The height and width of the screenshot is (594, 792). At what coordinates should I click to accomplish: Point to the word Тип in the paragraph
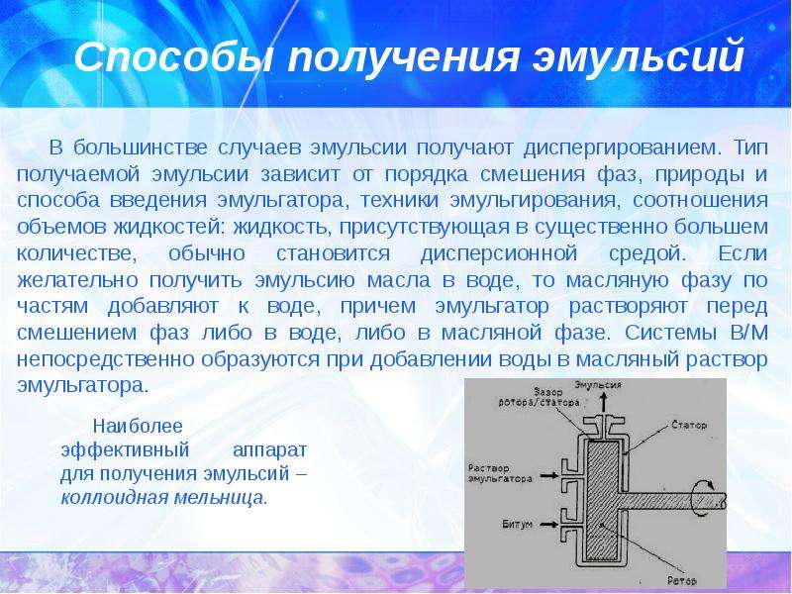[x=750, y=147]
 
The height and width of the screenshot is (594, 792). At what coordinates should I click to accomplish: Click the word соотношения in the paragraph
[x=700, y=200]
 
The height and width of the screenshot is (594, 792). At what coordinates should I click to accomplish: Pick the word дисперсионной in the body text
[x=499, y=253]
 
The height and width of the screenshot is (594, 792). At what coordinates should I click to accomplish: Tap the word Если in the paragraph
[x=743, y=252]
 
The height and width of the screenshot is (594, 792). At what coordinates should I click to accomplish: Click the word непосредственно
[x=106, y=360]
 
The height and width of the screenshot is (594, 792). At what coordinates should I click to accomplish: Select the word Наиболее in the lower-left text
[x=138, y=426]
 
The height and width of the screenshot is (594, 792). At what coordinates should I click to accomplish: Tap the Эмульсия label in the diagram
[x=598, y=385]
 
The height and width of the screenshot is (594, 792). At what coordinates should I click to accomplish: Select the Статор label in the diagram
[x=689, y=425]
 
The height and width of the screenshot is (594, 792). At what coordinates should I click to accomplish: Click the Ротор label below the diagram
[x=682, y=580]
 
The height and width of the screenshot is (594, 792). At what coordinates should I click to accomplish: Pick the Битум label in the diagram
[x=517, y=524]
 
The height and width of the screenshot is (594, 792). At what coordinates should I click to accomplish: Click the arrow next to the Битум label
[x=549, y=525]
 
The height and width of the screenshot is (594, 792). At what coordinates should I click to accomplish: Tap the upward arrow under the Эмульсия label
[x=603, y=404]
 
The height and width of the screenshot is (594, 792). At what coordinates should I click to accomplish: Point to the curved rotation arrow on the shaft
[x=705, y=499]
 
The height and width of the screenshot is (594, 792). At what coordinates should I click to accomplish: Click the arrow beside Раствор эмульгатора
[x=549, y=475]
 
